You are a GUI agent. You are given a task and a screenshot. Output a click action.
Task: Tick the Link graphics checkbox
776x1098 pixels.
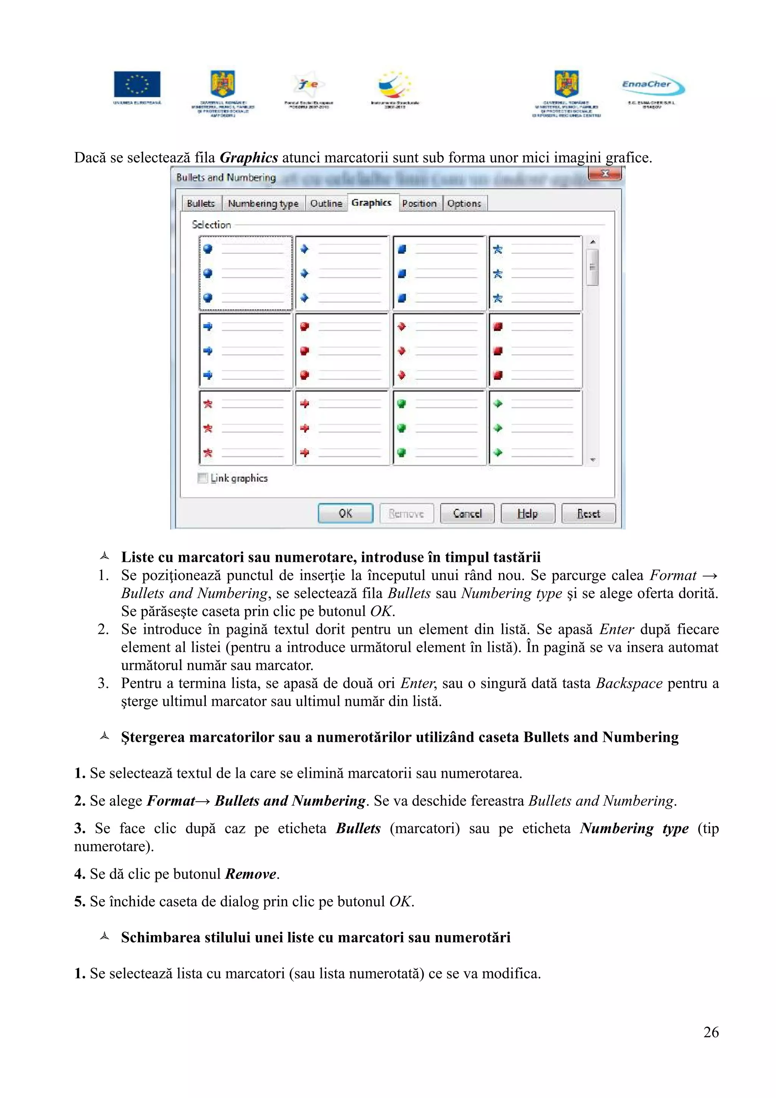(x=203, y=478)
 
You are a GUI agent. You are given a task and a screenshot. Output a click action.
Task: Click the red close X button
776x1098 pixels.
(x=604, y=174)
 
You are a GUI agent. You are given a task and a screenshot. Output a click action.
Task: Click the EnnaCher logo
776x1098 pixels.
(x=652, y=85)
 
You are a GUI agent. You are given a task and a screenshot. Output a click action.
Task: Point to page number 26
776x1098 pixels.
(x=710, y=1032)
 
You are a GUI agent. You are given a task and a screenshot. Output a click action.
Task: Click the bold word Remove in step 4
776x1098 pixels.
(x=250, y=874)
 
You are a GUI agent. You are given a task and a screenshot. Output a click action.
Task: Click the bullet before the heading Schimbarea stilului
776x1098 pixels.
(x=105, y=936)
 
